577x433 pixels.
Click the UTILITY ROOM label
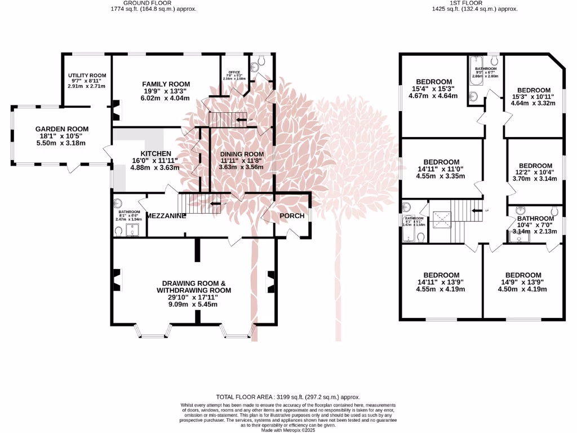coord(87,76)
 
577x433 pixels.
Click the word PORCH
coord(292,216)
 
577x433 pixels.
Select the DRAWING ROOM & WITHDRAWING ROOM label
coord(194,286)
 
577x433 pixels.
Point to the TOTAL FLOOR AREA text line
coord(288,397)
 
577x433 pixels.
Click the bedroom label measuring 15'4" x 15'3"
coord(434,81)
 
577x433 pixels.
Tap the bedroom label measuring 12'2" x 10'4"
coord(535,166)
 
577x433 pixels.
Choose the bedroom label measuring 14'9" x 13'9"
coord(523,275)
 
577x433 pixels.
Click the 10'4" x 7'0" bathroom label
coord(536,219)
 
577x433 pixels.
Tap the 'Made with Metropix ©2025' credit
coord(288,430)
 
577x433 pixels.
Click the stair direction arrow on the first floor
coord(477,210)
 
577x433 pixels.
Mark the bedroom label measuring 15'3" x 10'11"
coord(534,90)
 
